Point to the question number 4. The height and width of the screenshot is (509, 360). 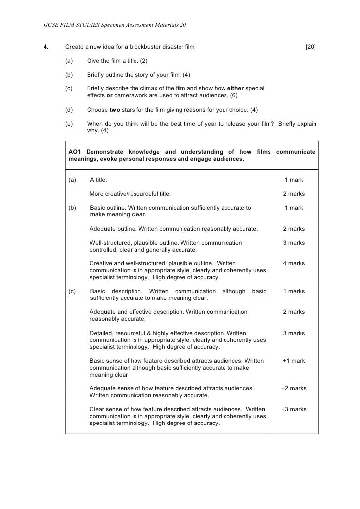46,47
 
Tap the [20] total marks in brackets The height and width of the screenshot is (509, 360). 311,47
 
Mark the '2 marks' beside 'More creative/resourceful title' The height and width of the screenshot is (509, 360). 294,194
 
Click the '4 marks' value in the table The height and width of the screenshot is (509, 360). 294,263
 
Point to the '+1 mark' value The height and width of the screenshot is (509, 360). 294,361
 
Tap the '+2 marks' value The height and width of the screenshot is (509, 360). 294,388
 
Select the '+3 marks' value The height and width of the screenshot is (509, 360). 294,409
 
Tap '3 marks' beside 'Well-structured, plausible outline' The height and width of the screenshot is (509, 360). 294,243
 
